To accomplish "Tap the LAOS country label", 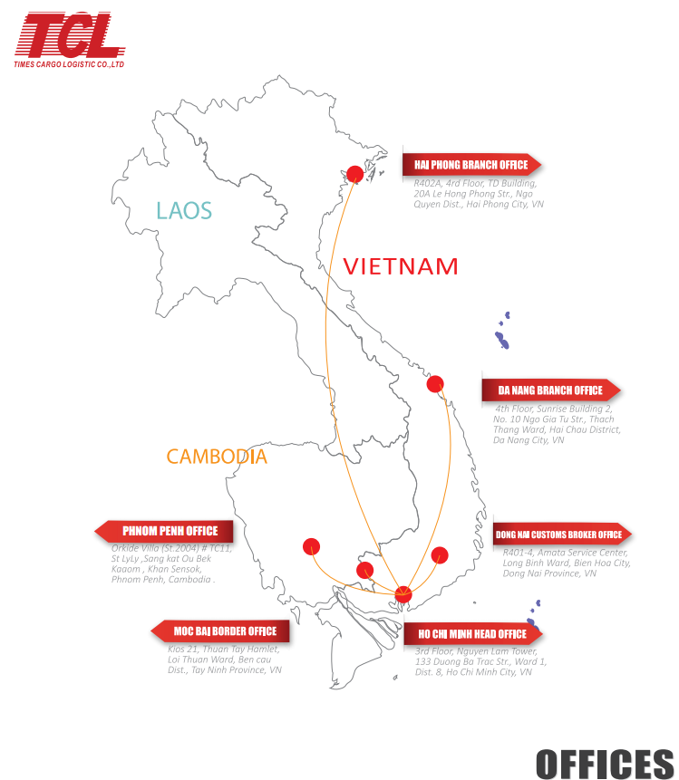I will coord(184,211).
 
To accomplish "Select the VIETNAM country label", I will coord(400,266).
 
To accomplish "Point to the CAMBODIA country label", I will coord(217,457).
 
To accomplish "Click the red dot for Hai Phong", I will coord(355,174).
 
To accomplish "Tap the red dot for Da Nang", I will coord(435,383).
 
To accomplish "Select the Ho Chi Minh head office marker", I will coord(404,595).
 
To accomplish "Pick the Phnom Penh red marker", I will coord(312,546).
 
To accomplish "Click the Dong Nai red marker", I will coord(441,554).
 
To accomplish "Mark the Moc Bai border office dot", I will coord(364,570).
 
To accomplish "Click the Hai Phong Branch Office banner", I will coord(471,165).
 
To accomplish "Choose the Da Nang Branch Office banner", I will coord(551,390).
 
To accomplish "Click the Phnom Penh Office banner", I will coord(165,531).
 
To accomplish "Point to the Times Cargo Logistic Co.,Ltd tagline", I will coord(69,65).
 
